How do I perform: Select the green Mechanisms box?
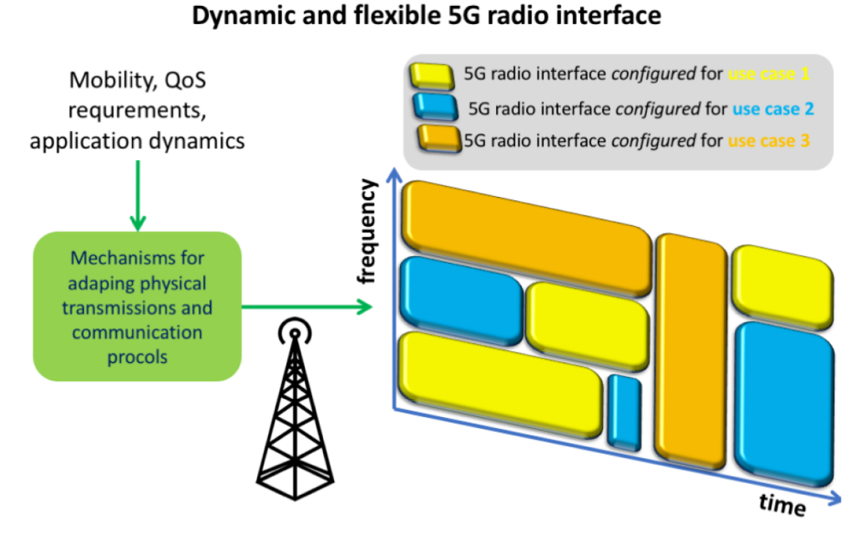137,307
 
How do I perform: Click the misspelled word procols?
137,358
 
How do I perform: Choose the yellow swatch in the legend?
429,74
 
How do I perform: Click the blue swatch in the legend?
433,107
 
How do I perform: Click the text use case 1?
769,74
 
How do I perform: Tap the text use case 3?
768,141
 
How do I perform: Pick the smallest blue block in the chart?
623,411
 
